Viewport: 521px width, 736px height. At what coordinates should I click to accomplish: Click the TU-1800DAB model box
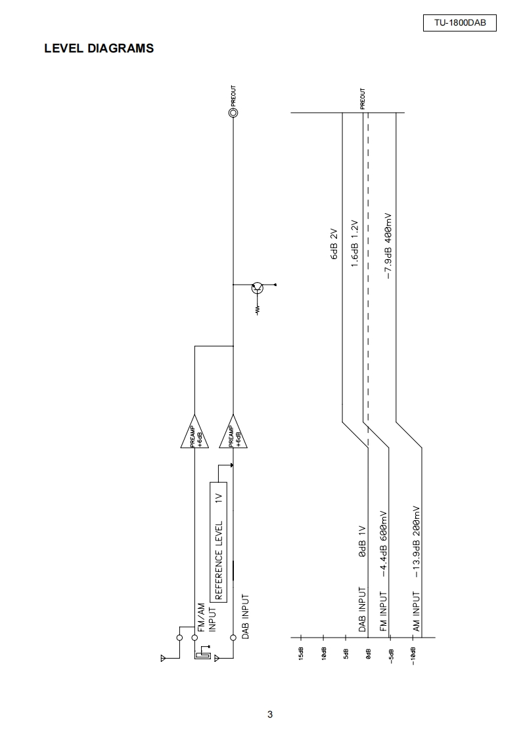pos(459,24)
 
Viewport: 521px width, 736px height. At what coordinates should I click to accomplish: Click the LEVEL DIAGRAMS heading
pos(99,48)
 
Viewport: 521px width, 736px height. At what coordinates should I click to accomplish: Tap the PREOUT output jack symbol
pos(233,113)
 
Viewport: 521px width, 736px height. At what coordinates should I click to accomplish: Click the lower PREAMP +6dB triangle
pos(233,434)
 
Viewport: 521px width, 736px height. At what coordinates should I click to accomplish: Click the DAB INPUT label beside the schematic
pos(245,617)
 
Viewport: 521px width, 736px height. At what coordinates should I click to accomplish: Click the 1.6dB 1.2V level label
pos(353,242)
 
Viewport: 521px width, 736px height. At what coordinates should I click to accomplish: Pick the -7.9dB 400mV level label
pos(388,245)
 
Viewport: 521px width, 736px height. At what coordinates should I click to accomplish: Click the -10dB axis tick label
pos(413,656)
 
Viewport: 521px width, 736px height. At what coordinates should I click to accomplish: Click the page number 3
pos(270,714)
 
